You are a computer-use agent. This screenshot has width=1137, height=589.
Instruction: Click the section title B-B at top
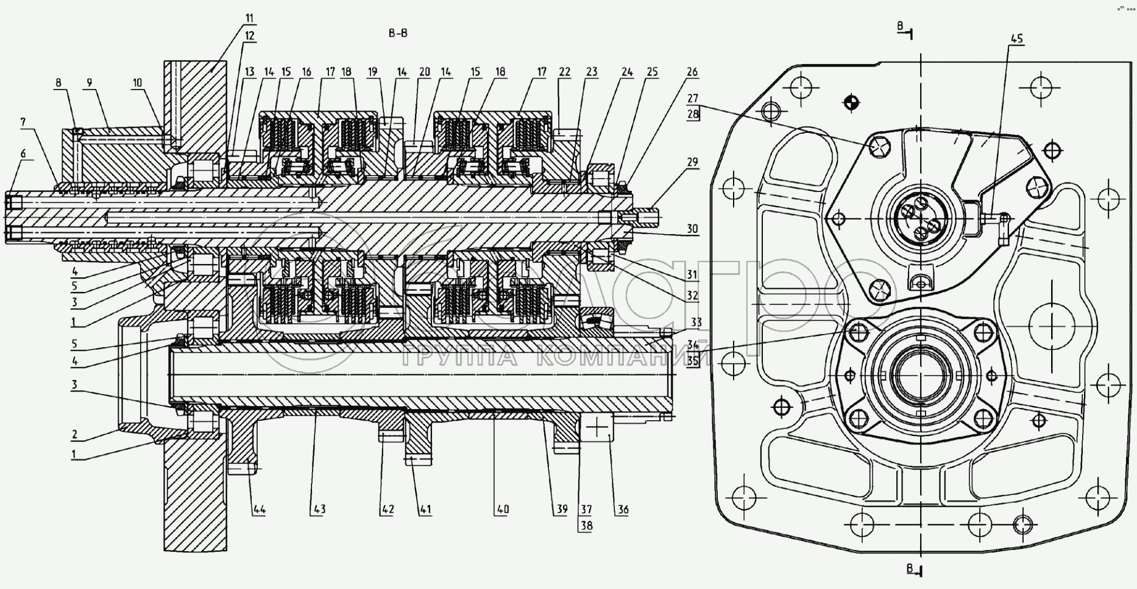pyautogui.click(x=398, y=33)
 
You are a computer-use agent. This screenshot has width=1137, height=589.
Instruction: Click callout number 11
pyautogui.click(x=249, y=18)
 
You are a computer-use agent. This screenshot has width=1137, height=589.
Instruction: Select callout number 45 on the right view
pyautogui.click(x=1016, y=38)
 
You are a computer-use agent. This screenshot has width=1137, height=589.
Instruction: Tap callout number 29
pyautogui.click(x=692, y=162)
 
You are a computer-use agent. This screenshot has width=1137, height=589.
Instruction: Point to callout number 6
pyautogui.click(x=23, y=154)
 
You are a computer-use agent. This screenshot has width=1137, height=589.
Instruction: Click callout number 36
pyautogui.click(x=622, y=509)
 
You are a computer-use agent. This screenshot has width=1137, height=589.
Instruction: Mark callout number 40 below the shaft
pyautogui.click(x=502, y=509)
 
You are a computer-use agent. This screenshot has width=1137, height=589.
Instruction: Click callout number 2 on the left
pyautogui.click(x=74, y=434)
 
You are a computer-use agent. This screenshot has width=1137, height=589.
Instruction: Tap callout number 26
pyautogui.click(x=692, y=72)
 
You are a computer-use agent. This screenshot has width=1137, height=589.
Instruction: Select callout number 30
pyautogui.click(x=692, y=229)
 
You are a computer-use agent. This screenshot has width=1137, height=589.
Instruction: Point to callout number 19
pyautogui.click(x=373, y=72)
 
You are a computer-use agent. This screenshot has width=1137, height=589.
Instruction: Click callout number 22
pyautogui.click(x=564, y=72)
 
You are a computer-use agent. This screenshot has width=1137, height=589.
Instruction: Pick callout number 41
pyautogui.click(x=425, y=509)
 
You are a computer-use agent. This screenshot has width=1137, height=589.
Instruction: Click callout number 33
pyautogui.click(x=696, y=322)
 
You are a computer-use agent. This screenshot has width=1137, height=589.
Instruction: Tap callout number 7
pyautogui.click(x=23, y=123)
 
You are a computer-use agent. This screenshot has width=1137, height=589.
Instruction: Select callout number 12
pyautogui.click(x=249, y=36)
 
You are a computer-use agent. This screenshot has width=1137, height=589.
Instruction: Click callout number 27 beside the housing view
pyautogui.click(x=692, y=98)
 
